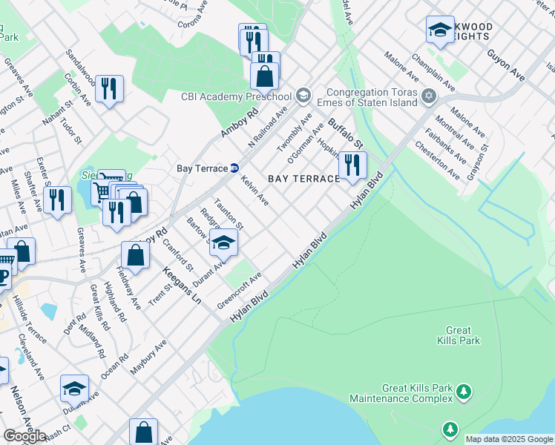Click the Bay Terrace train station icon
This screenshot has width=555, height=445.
[x=234, y=168]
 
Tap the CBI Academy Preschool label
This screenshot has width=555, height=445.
[x=236, y=96]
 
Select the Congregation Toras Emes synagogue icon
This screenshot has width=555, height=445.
[x=428, y=96]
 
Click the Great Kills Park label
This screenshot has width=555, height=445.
[x=463, y=335]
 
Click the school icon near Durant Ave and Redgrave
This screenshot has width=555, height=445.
[x=223, y=241]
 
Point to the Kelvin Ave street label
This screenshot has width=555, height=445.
[x=254, y=191]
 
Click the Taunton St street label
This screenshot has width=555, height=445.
[x=229, y=213]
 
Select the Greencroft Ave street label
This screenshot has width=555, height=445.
[x=240, y=292]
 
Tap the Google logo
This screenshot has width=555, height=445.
[x=24, y=436]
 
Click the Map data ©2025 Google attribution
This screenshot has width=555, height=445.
[x=509, y=439]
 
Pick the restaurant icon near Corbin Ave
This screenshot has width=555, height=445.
[x=109, y=88]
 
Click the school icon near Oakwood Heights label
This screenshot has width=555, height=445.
[x=440, y=30]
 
